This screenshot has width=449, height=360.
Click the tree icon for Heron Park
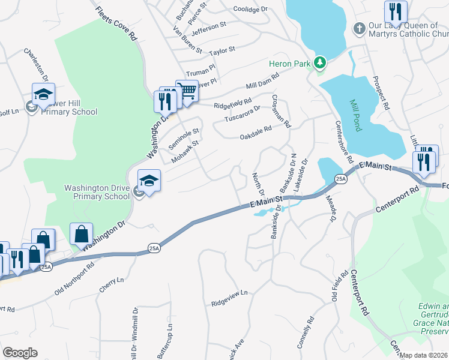pyautogui.click(x=320, y=62)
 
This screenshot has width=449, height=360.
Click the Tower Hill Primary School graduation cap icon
pyautogui.click(x=43, y=95)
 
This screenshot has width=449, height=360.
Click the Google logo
pyautogui.click(x=20, y=353)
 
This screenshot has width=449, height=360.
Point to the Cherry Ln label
pyautogui.click(x=111, y=285)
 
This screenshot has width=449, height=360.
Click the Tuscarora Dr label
pyautogui.click(x=243, y=113)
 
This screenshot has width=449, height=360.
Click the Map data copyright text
pyautogui.click(x=424, y=355)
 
